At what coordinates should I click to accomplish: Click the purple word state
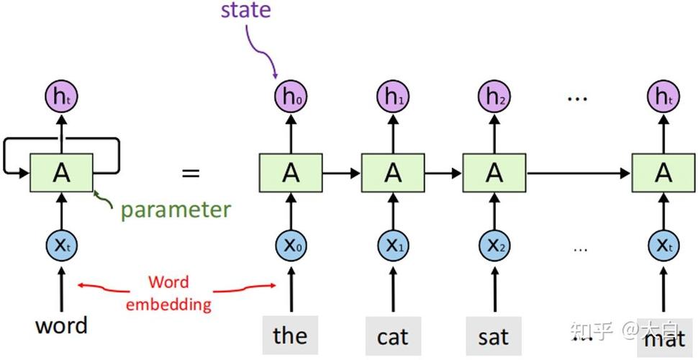[245, 10]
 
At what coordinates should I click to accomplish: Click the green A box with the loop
[61, 172]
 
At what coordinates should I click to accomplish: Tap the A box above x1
[393, 172]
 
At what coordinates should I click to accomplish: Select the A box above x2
[494, 172]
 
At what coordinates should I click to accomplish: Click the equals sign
[191, 173]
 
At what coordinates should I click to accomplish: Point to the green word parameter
[176, 210]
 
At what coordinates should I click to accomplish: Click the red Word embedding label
[168, 293]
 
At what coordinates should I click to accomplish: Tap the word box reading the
[290, 335]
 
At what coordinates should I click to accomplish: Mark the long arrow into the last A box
[579, 173]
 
